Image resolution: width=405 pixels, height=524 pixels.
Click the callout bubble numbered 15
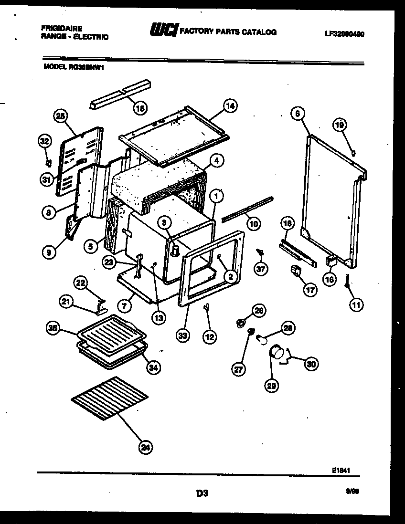click(139, 108)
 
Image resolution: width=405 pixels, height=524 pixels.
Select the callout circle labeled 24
click(146, 447)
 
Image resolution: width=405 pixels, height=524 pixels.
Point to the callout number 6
click(297, 113)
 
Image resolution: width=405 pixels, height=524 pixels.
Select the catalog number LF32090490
click(344, 34)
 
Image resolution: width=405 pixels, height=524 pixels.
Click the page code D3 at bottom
click(202, 493)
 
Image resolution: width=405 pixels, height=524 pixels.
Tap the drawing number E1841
click(342, 470)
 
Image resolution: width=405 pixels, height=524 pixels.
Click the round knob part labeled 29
click(276, 354)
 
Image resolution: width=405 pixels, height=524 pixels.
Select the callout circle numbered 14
click(230, 106)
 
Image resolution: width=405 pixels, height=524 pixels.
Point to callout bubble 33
click(182, 335)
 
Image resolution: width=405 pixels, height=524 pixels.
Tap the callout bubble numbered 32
click(44, 141)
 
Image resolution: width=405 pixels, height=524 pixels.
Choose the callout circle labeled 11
click(356, 304)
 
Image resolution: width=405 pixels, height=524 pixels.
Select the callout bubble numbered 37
click(260, 269)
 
